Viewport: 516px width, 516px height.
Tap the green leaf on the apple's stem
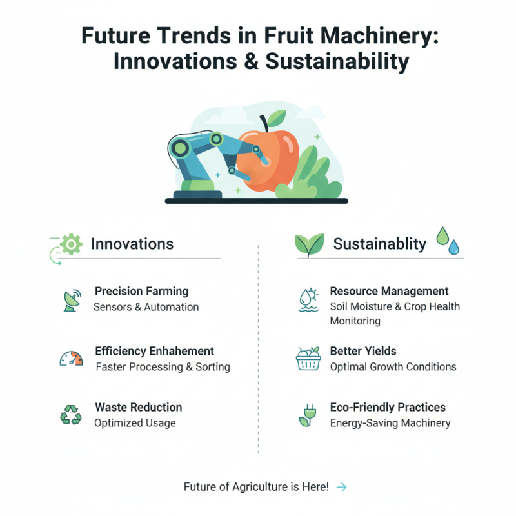point(277,117)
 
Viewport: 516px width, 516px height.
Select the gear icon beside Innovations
point(72,244)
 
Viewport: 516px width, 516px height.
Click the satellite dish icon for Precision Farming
point(72,299)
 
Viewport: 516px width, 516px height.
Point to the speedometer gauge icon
point(71,359)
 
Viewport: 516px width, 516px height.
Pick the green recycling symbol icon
point(71,415)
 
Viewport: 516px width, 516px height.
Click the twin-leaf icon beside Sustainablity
point(308,244)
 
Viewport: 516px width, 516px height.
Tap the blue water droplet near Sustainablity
point(455,246)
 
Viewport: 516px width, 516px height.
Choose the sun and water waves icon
point(308,299)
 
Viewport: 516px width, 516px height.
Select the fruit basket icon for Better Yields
point(308,359)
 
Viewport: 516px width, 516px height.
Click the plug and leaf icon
point(306,415)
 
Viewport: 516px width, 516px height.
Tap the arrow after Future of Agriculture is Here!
point(342,488)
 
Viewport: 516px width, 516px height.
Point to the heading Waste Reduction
point(138,408)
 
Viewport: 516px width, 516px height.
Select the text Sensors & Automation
point(146,307)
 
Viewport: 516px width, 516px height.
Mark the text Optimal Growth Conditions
point(393,366)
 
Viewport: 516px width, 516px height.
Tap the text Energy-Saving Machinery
point(390,423)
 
